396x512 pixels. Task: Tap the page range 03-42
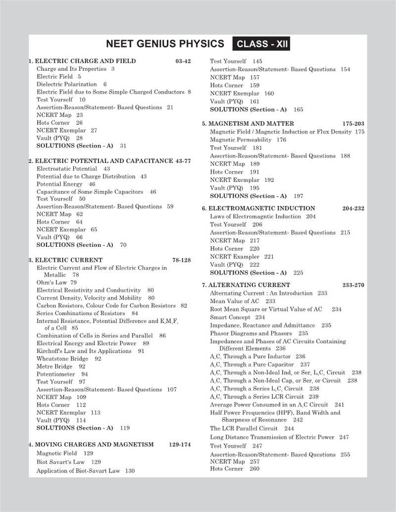(x=183, y=61)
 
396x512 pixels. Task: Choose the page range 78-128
(x=181, y=260)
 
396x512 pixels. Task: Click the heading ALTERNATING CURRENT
(x=249, y=285)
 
